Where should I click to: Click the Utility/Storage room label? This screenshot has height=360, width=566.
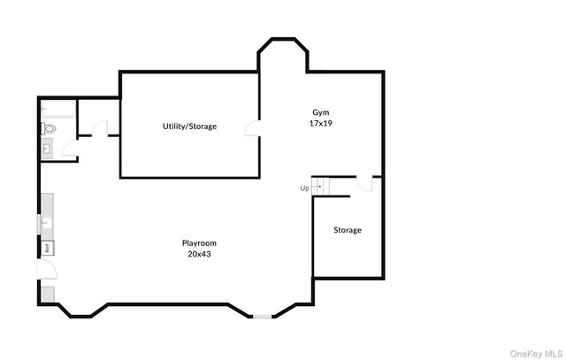tap(189, 126)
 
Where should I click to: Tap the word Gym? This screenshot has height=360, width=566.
tap(320, 112)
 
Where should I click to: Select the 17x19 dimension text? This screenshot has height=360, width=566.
tap(320, 123)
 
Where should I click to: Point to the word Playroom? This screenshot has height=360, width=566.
tap(199, 243)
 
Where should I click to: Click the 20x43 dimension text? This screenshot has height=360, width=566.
tap(199, 254)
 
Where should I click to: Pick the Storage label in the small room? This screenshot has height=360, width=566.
tap(347, 230)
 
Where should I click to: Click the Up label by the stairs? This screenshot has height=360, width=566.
tap(304, 188)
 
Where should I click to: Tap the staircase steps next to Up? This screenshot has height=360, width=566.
tap(322, 186)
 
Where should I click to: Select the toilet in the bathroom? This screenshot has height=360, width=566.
tap(49, 129)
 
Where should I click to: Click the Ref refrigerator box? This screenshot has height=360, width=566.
tap(46, 248)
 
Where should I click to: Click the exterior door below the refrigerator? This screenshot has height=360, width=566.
tap(48, 270)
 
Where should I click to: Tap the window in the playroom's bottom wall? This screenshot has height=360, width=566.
tap(263, 316)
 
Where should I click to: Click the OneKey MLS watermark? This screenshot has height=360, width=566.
tap(534, 351)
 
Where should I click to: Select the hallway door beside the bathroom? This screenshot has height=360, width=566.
tap(101, 129)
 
